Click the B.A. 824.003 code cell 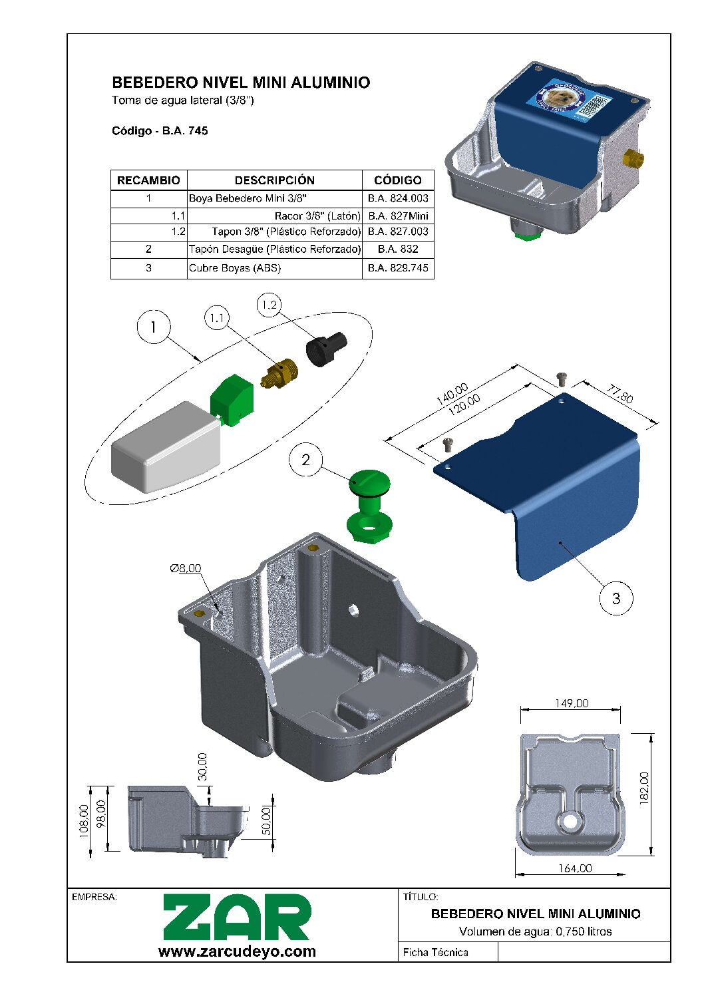point(398,198)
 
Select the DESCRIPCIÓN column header point(274,180)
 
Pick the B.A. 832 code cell point(398,249)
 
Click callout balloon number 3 point(616,598)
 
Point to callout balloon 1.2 point(269,305)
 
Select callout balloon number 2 point(305,460)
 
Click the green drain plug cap point(369,483)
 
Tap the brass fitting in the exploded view point(280,373)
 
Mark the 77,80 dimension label point(619,394)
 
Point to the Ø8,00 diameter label point(186,568)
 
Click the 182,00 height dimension point(644,788)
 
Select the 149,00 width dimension point(572,703)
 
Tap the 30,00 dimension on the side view point(202,766)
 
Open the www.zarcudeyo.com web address point(237,951)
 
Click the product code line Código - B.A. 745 point(160,131)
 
